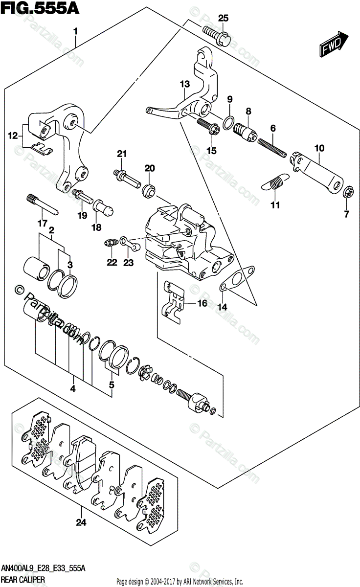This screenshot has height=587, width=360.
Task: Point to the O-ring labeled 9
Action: click(228, 122)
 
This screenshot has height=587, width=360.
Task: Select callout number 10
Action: click(319, 148)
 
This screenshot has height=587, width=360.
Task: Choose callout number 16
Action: click(202, 304)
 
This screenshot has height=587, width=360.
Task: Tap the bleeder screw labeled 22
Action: click(111, 242)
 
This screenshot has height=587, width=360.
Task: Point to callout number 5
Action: click(111, 385)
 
